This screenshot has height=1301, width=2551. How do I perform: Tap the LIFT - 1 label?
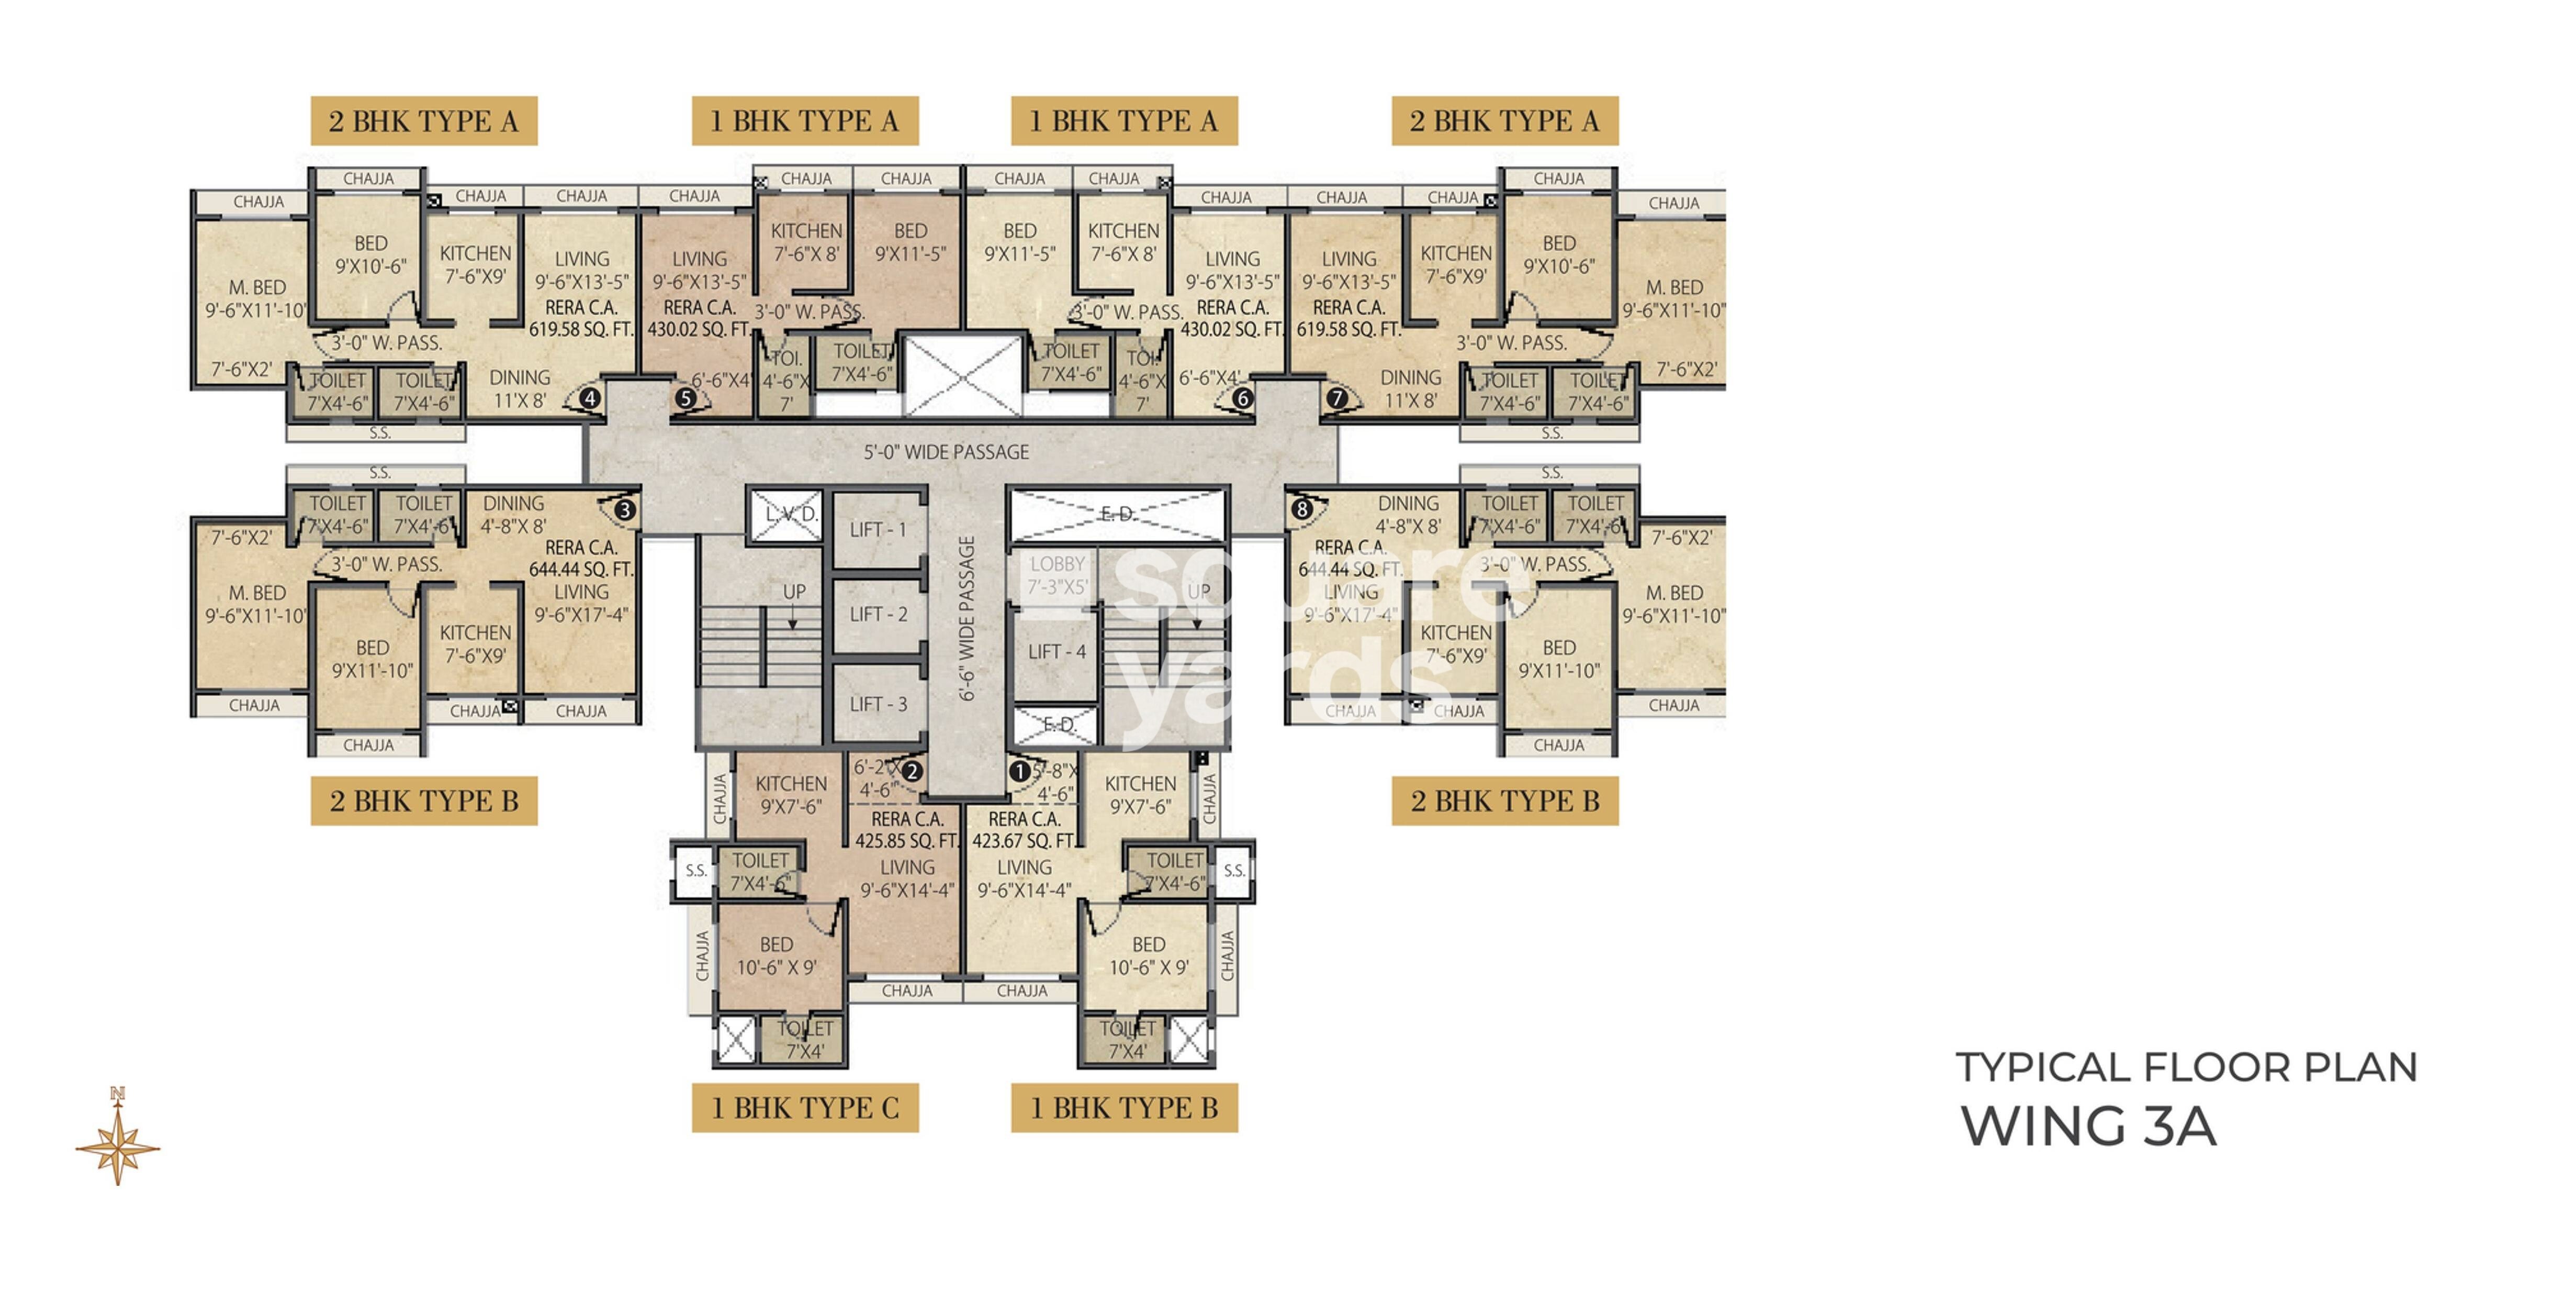[878, 530]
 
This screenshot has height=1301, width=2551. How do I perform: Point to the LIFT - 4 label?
[1057, 652]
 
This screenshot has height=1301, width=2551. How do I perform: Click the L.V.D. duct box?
[788, 514]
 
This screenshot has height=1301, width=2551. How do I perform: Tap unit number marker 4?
[590, 398]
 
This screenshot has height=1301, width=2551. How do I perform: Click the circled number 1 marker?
[1019, 771]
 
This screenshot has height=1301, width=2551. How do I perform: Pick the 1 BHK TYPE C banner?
[805, 1108]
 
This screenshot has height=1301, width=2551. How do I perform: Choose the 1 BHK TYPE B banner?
[1124, 1108]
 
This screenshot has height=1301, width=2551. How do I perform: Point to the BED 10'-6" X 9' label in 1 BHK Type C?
[777, 956]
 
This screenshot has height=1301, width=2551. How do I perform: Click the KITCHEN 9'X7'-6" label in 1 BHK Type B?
[1141, 795]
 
